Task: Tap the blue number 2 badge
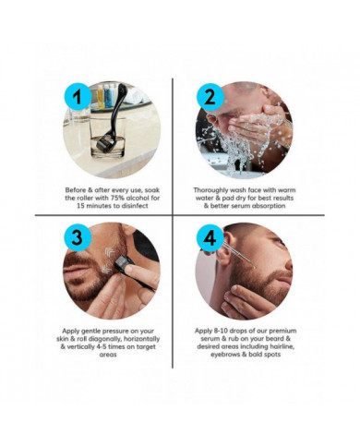point(210,96)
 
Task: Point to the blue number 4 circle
point(210,237)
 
